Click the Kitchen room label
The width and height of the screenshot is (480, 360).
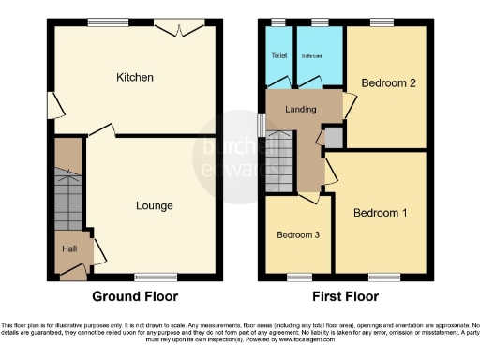click(134, 77)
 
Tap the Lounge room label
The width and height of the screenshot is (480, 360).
click(154, 205)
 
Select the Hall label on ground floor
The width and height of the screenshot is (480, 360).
click(69, 248)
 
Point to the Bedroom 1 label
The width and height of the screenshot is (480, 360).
click(380, 213)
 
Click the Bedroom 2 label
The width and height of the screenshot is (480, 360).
click(385, 83)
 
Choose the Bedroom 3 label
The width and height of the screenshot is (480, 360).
click(296, 234)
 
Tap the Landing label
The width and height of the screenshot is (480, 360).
click(301, 112)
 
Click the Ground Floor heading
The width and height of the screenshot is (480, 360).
click(136, 297)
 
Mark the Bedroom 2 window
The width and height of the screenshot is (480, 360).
click(382, 22)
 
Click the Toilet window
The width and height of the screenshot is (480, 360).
click(278, 22)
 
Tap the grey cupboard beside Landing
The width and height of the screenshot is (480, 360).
click(334, 136)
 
